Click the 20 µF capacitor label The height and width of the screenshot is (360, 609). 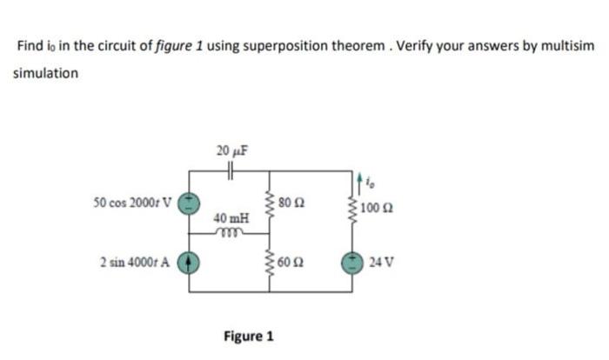click(231, 150)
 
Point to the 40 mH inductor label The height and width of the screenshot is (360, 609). click(230, 218)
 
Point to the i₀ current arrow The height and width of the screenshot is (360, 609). click(358, 183)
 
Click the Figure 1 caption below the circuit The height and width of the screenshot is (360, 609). click(249, 336)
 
